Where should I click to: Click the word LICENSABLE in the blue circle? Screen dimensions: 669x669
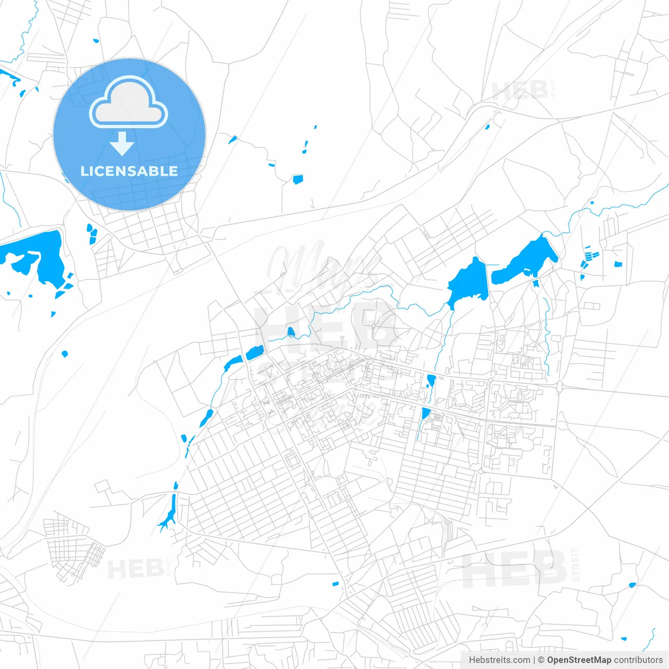pyautogui.click(x=129, y=171)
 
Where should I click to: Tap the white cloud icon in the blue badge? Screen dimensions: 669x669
pyautogui.click(x=129, y=103)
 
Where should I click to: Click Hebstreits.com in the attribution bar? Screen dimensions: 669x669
pyautogui.click(x=499, y=660)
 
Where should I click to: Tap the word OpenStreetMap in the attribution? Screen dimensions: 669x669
pyautogui.click(x=579, y=660)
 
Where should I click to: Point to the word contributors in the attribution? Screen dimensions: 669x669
pyautogui.click(x=638, y=660)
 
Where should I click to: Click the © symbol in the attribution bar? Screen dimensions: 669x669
pyautogui.click(x=541, y=660)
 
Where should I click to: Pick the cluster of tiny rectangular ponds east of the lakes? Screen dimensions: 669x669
pyautogui.click(x=591, y=256)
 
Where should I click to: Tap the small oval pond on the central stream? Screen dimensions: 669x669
pyautogui.click(x=291, y=331)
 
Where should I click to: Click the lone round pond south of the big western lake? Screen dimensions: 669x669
pyautogui.click(x=65, y=354)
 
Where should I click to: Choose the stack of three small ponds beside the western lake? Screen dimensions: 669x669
pyautogui.click(x=92, y=233)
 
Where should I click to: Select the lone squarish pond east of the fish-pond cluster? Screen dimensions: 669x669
pyautogui.click(x=618, y=264)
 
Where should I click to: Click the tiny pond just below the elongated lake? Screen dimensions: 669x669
pyautogui.click(x=535, y=284)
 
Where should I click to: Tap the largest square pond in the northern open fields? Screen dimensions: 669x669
pyautogui.click(x=297, y=179)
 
